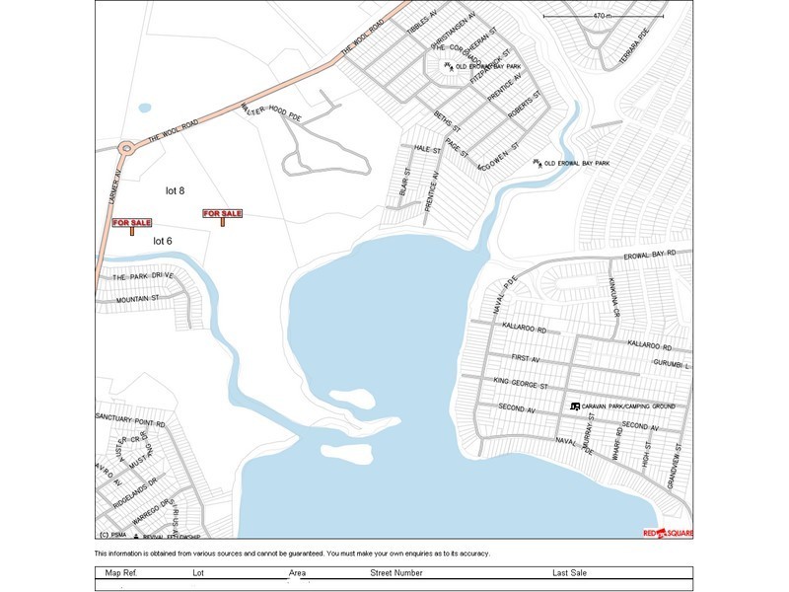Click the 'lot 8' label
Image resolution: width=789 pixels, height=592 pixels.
coord(176,190)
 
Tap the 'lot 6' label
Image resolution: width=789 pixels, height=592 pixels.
coord(163,241)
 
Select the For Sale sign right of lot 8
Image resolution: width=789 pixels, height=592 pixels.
coord(222,215)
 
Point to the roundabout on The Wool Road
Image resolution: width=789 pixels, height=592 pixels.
coord(125,150)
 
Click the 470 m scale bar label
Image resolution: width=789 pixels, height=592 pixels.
coord(603,16)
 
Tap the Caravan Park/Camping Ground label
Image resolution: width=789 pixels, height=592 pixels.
coord(629,407)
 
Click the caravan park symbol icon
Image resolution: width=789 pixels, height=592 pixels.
coord(576,407)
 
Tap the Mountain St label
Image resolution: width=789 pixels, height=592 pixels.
coord(138,298)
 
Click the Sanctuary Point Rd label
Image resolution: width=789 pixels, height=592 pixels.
coord(130,420)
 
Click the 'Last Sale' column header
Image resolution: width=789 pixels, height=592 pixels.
coord(570,573)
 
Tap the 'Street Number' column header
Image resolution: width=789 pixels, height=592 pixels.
coord(396,573)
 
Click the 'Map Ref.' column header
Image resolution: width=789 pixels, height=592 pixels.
coord(121,573)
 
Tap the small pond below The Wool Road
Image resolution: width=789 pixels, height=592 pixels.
coord(145,108)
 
